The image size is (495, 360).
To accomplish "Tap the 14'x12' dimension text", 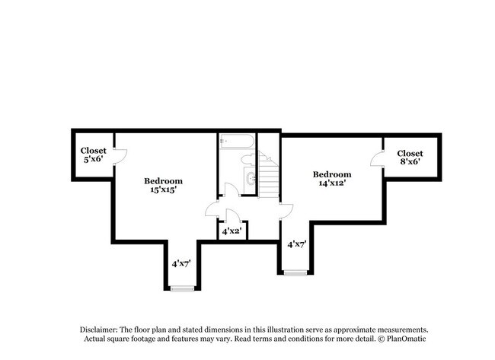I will click(x=331, y=183).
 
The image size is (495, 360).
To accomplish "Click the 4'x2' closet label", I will click(x=232, y=231).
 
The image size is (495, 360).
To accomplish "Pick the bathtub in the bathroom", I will click(x=236, y=142).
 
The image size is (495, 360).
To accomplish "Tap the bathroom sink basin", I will click(x=251, y=179).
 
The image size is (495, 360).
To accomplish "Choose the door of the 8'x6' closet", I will click(x=376, y=159).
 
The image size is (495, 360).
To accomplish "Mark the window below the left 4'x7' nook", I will click(x=181, y=288).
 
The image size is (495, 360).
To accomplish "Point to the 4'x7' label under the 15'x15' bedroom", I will click(x=180, y=263).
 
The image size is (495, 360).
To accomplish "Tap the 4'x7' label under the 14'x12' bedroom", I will click(x=295, y=244).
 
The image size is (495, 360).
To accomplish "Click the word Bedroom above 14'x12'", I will click(x=332, y=174).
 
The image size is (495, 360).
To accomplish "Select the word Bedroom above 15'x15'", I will click(x=164, y=181).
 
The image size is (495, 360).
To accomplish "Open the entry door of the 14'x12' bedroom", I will click(x=286, y=211).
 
